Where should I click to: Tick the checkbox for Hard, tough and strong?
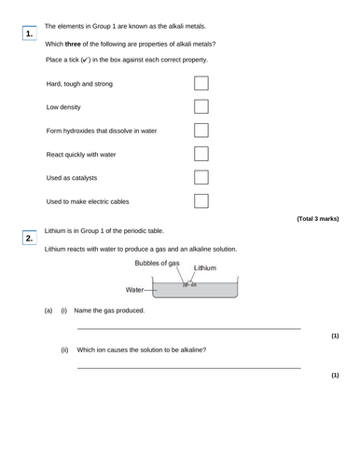point(201,83)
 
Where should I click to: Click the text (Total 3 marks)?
point(317,218)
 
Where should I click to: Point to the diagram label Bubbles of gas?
point(156,264)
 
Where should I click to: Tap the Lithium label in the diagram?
point(205,268)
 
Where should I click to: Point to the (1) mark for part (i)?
point(335,336)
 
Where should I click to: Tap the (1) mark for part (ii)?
point(335,376)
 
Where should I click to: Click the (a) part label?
point(48,310)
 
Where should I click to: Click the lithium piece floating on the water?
point(189,283)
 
